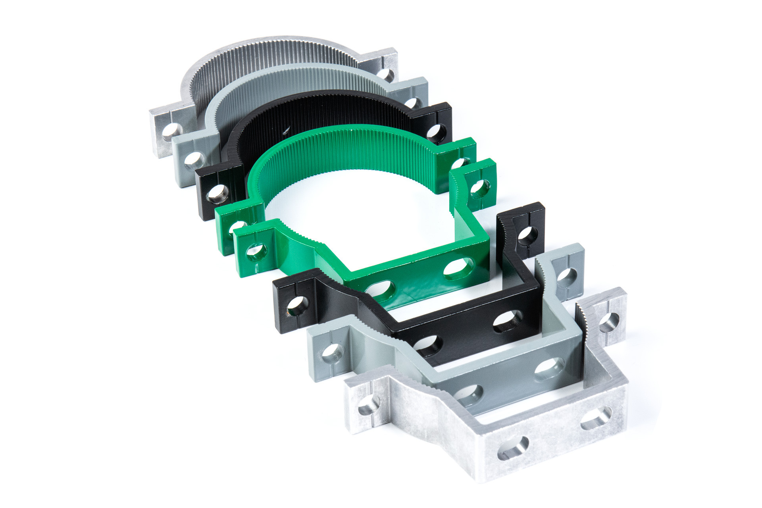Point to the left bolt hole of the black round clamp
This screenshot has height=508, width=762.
(218, 193)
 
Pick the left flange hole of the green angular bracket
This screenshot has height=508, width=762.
(256, 251)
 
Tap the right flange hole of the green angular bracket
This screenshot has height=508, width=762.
(480, 189)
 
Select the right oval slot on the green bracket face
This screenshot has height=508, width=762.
(458, 269)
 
